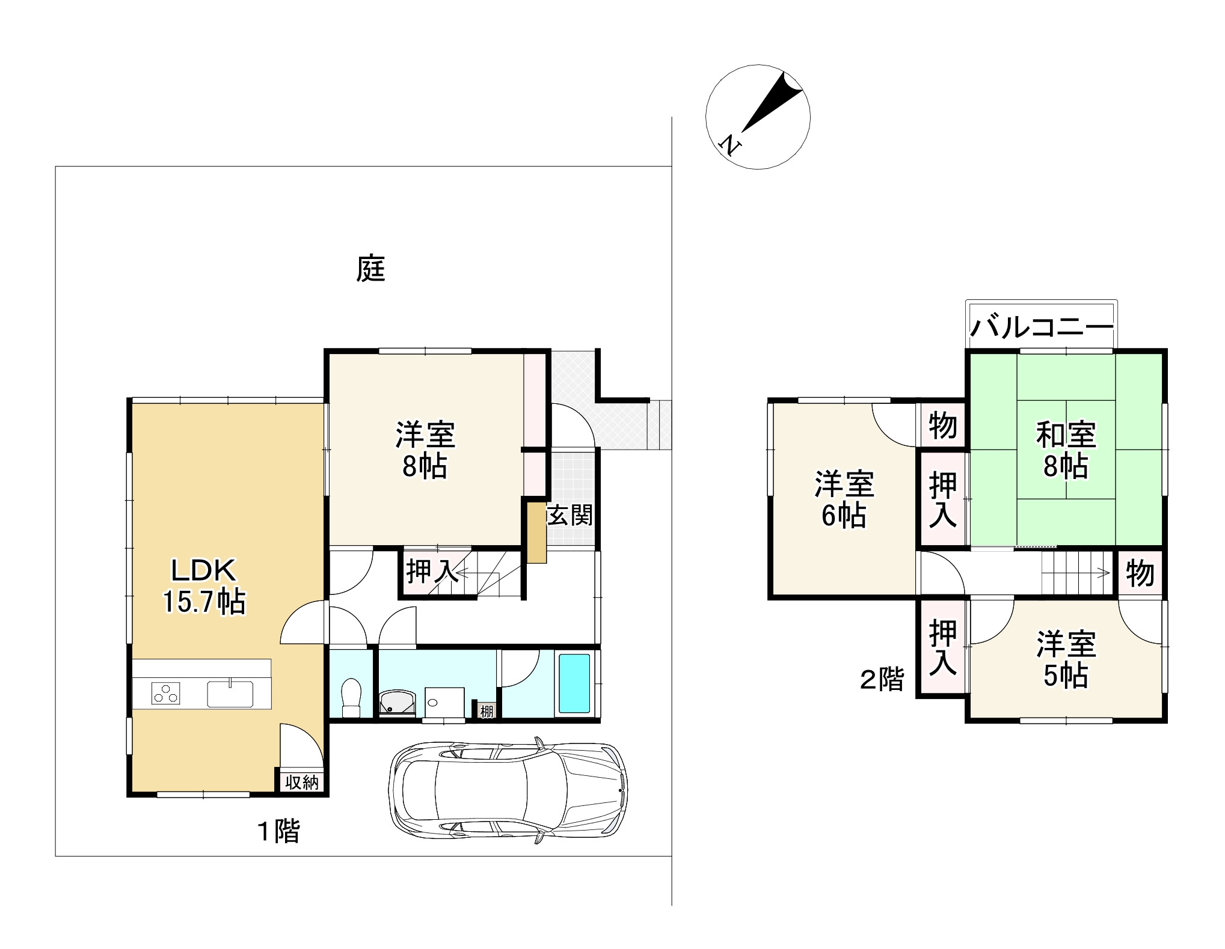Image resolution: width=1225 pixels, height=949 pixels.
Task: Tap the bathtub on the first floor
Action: pyautogui.click(x=574, y=683)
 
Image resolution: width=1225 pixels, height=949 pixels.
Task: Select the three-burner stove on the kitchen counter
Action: pyautogui.click(x=166, y=694)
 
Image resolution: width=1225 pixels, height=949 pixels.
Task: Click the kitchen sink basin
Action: pyautogui.click(x=231, y=694)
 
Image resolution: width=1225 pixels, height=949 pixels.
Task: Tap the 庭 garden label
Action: pyautogui.click(x=370, y=269)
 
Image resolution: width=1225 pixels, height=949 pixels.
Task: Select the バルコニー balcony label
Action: pyautogui.click(x=1042, y=328)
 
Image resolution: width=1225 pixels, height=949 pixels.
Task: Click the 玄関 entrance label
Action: pyautogui.click(x=570, y=515)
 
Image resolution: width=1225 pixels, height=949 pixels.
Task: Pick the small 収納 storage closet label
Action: pyautogui.click(x=301, y=783)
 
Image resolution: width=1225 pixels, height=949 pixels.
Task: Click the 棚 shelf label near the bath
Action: pyautogui.click(x=486, y=712)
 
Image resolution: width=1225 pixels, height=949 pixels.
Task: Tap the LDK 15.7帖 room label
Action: pyautogui.click(x=204, y=585)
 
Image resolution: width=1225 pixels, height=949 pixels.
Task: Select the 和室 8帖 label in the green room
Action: pyautogui.click(x=1066, y=450)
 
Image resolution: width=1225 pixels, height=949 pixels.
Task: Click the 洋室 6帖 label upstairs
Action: pyautogui.click(x=844, y=499)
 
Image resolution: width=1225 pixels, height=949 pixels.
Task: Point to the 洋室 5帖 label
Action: pyautogui.click(x=1066, y=660)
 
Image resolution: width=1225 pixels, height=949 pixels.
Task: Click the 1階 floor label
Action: pyautogui.click(x=278, y=832)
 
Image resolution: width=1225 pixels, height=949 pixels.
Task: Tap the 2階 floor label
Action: pyautogui.click(x=882, y=680)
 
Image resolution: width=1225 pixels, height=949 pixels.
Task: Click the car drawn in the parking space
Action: pyautogui.click(x=508, y=790)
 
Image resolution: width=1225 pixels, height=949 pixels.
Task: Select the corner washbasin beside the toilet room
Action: pyautogui.click(x=398, y=702)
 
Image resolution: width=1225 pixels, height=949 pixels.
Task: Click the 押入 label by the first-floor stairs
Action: pyautogui.click(x=432, y=572)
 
